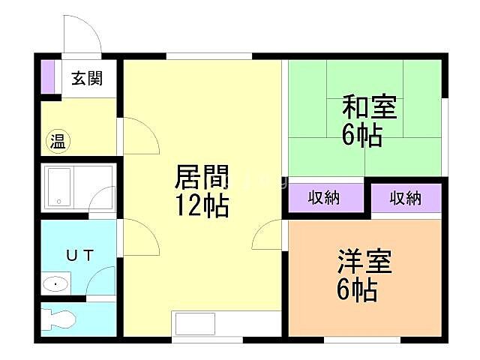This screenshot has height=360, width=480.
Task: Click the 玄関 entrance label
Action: pyautogui.click(x=87, y=78)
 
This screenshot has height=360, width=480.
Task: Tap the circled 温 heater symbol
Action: pyautogui.click(x=58, y=140)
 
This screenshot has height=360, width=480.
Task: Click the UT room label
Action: pyautogui.click(x=79, y=256)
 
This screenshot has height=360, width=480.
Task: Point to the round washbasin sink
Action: pyautogui.click(x=55, y=284)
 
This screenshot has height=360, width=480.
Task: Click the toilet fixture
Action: pyautogui.click(x=58, y=318)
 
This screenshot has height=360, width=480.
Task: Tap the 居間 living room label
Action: pyautogui.click(x=201, y=178)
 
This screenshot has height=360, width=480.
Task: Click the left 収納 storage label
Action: pyautogui.click(x=325, y=198)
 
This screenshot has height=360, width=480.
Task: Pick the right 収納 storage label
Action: pyautogui.click(x=406, y=198)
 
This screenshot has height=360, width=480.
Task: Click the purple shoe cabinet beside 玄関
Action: pyautogui.click(x=48, y=76)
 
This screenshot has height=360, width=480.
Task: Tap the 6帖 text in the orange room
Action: pyautogui.click(x=357, y=290)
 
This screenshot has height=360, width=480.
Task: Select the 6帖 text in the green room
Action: pyautogui.click(x=362, y=136)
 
